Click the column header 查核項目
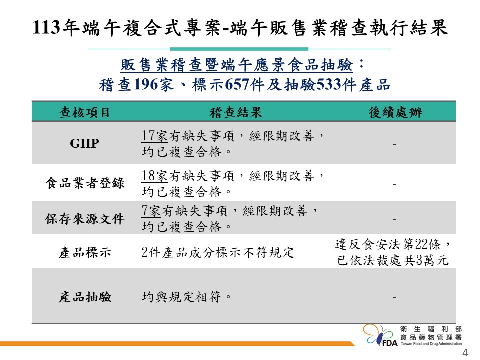(x=85, y=112)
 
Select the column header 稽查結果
(x=236, y=112)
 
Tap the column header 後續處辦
(x=395, y=112)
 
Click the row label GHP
(x=85, y=143)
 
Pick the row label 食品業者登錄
(x=85, y=183)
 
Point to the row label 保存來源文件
(x=85, y=219)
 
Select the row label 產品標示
(x=85, y=253)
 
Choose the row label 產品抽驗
(x=85, y=297)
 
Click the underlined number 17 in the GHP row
(x=149, y=136)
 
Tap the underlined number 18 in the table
(x=149, y=176)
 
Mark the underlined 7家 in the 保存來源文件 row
(x=151, y=211)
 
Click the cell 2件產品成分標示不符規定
(x=218, y=253)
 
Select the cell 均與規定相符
(x=186, y=297)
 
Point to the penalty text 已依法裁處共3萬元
(x=393, y=260)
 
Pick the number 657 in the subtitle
(x=237, y=85)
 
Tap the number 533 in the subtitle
(x=328, y=85)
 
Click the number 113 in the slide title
(x=46, y=27)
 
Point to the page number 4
(x=465, y=353)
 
